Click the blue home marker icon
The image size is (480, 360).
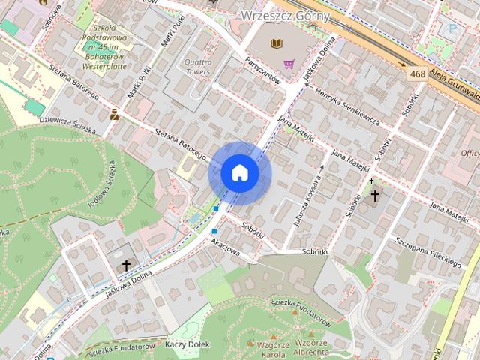[x=240, y=172]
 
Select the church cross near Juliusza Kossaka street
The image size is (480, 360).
[x=374, y=195]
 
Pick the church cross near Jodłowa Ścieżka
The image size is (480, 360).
[x=126, y=265]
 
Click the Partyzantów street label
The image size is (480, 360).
[x=262, y=69]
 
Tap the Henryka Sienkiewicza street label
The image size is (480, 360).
[x=349, y=106]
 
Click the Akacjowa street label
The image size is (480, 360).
[x=226, y=247]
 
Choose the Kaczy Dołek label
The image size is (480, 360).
[x=187, y=343]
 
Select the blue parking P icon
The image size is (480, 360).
[x=451, y=28]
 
